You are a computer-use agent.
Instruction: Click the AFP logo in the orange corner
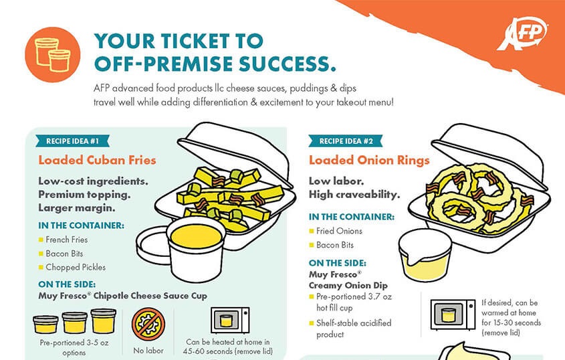tap(522, 33)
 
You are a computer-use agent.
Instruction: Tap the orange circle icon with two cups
tap(53, 55)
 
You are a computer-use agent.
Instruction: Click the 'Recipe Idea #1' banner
tap(72, 141)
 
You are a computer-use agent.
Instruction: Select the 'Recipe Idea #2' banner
tap(346, 141)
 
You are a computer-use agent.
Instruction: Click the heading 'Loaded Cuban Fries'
tap(98, 160)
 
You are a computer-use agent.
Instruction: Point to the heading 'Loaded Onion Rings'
tap(369, 160)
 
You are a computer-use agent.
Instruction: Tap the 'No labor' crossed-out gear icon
tap(148, 324)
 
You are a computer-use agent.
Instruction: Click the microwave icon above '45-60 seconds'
tap(230, 321)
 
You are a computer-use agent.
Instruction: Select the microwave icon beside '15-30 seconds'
tap(453, 314)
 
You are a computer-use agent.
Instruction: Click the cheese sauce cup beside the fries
tap(196, 249)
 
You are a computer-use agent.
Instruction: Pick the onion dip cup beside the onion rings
tap(425, 254)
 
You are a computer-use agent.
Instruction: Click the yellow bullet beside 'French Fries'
tap(41, 240)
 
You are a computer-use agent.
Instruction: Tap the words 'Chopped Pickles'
tap(76, 267)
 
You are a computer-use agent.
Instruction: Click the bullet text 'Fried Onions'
tap(339, 231)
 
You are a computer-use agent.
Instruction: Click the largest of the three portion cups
tap(104, 321)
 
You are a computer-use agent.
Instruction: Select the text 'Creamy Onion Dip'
tap(348, 285)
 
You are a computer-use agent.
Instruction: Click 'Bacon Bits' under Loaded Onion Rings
tap(335, 245)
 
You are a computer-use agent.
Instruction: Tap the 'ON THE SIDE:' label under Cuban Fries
tap(67, 284)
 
